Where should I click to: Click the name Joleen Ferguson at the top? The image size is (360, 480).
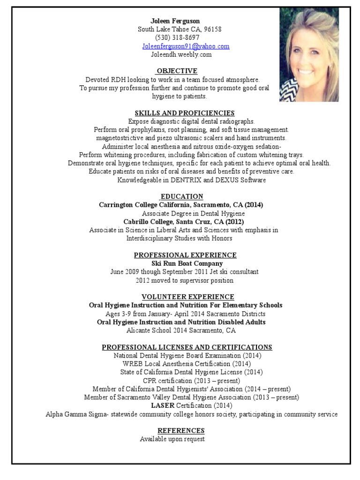click(x=175, y=21)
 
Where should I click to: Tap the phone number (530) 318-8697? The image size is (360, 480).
click(x=177, y=37)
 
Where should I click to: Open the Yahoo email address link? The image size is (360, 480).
click(x=186, y=46)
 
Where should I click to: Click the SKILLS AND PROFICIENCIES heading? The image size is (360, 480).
click(x=185, y=113)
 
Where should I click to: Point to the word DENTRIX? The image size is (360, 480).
click(x=187, y=180)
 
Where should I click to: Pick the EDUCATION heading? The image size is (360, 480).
click(x=182, y=196)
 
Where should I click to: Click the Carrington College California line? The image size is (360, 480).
click(x=181, y=205)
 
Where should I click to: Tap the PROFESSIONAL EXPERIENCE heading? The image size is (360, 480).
click(x=185, y=255)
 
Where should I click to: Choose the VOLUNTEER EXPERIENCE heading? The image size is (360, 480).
click(x=188, y=297)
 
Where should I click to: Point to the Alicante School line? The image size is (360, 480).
click(x=181, y=330)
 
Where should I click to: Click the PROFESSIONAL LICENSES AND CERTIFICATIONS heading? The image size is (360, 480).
click(x=187, y=347)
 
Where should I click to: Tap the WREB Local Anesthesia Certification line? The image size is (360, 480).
click(x=187, y=364)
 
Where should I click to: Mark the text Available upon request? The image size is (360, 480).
click(x=172, y=439)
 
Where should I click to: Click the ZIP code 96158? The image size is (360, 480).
click(x=212, y=29)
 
